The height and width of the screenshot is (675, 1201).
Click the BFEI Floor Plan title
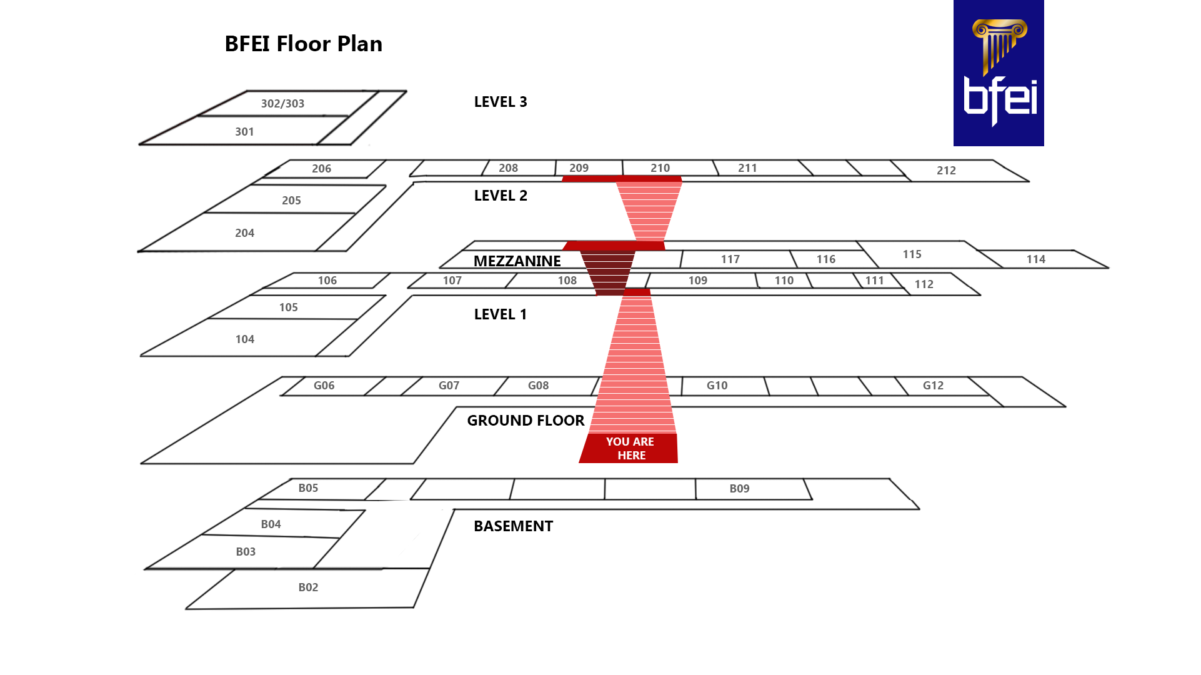pyautogui.click(x=303, y=44)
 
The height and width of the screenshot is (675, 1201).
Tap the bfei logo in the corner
pyautogui.click(x=998, y=73)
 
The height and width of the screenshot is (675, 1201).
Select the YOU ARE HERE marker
pyautogui.click(x=629, y=448)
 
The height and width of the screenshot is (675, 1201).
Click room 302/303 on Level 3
pyautogui.click(x=282, y=104)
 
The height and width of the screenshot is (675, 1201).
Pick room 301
pyautogui.click(x=244, y=132)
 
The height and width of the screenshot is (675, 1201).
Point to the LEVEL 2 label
pyautogui.click(x=501, y=196)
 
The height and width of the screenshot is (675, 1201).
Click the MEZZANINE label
pyautogui.click(x=517, y=261)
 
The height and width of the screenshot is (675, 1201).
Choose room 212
pyautogui.click(x=946, y=171)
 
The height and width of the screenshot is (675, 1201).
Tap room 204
pyautogui.click(x=244, y=233)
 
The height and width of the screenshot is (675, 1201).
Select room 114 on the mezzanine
pyautogui.click(x=1035, y=259)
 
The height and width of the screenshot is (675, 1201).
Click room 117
pyautogui.click(x=730, y=259)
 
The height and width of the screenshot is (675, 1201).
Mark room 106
pyautogui.click(x=327, y=281)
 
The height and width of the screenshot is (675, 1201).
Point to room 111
pyautogui.click(x=874, y=281)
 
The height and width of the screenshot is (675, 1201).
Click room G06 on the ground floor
pyautogui.click(x=324, y=386)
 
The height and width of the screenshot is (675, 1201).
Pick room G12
pyautogui.click(x=933, y=386)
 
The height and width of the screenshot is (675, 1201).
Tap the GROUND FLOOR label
pyautogui.click(x=526, y=421)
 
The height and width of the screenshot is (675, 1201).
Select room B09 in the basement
pyautogui.click(x=739, y=489)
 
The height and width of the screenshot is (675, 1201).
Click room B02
pyautogui.click(x=308, y=587)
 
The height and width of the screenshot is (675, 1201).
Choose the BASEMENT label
pyautogui.click(x=513, y=526)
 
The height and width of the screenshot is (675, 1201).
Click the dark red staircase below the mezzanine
pyautogui.click(x=607, y=272)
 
